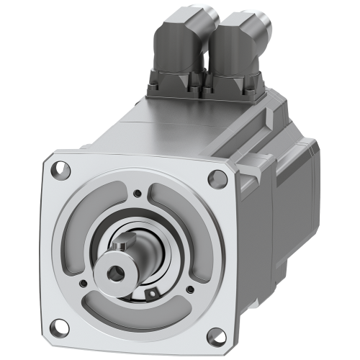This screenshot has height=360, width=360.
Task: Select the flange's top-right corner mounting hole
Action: [x=214, y=178]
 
